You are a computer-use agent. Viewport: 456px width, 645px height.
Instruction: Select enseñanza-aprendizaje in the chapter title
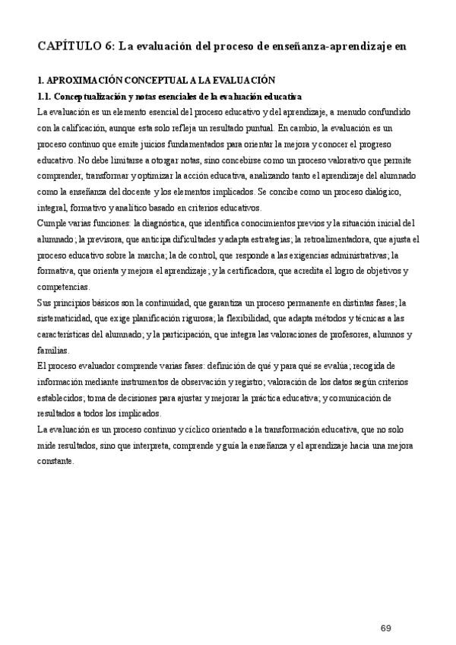[335, 46]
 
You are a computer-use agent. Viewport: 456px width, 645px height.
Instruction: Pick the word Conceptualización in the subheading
[92, 96]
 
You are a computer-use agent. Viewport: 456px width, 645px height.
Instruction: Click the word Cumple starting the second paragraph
[51, 223]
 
